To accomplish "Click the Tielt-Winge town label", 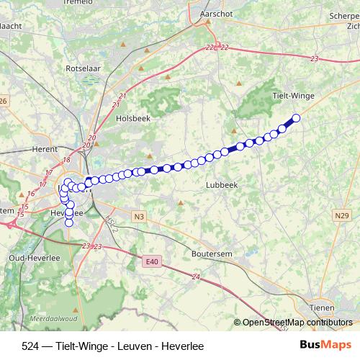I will click(293, 95).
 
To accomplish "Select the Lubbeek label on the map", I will click(221, 184).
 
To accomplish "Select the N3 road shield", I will click(139, 215).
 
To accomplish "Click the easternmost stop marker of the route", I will click(295, 117).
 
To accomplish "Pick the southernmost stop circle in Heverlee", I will click(70, 222).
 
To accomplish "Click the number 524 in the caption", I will click(31, 346).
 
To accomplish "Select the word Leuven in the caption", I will click(133, 346).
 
